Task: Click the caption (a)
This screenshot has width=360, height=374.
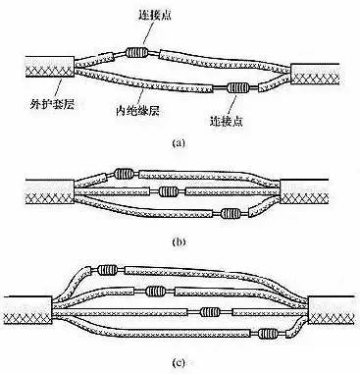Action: coord(179,142)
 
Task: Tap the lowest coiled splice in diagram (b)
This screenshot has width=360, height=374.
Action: coord(229,213)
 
